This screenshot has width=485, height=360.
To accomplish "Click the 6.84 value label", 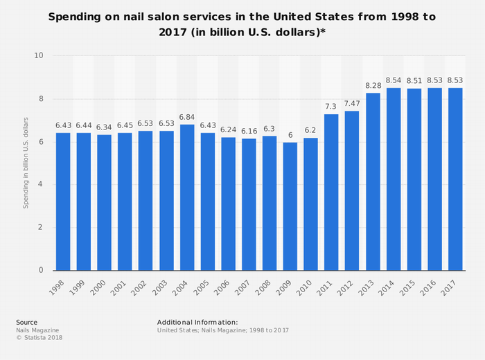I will [x=187, y=118].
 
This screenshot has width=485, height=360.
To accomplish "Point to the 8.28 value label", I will [x=373, y=86].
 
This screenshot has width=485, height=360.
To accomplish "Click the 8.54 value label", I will [x=394, y=80].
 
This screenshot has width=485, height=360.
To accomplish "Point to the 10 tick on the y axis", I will [x=39, y=56].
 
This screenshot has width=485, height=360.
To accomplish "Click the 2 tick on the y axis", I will [x=41, y=228].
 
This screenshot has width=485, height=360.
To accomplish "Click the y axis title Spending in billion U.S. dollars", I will [x=26, y=163].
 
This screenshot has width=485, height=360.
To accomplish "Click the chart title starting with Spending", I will [x=242, y=24].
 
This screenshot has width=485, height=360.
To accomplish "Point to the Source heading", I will [x=27, y=323].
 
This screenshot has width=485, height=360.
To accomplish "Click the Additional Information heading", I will [x=197, y=323].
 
